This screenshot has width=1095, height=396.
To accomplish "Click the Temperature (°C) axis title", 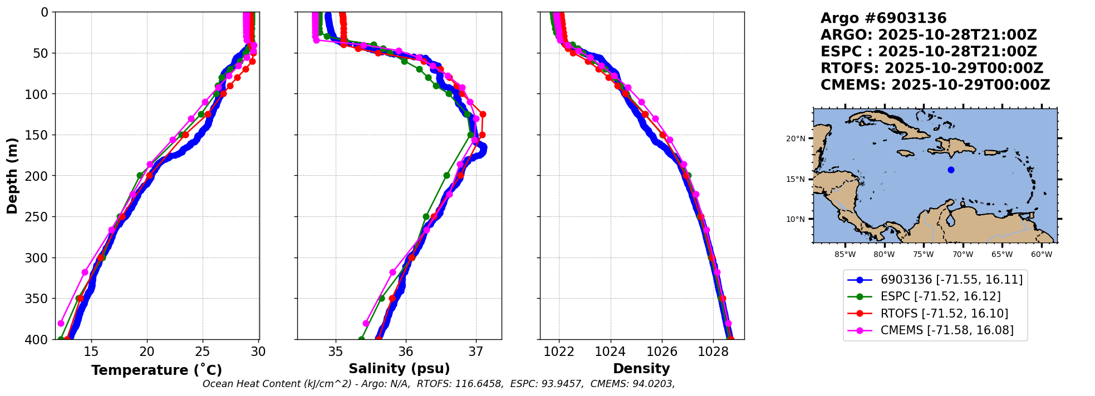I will tap(156, 370).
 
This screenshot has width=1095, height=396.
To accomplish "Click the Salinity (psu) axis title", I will tap(399, 369).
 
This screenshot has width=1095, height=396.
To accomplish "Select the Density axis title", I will tap(641, 369).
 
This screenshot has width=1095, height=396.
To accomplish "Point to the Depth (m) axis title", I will tap(12, 175).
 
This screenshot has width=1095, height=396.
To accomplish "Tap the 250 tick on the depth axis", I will tap(39, 217).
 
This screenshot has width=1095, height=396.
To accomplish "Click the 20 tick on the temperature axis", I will tap(147, 352).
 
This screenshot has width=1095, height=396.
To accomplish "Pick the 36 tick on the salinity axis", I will tap(406, 352).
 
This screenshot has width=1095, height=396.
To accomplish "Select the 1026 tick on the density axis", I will tap(662, 352).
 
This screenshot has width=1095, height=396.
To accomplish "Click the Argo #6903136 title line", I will tap(883, 18).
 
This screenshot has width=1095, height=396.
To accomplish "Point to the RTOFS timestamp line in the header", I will tap(931, 68).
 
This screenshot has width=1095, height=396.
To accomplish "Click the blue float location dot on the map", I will tap(951, 170).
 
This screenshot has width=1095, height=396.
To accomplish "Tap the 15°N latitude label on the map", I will tap(796, 179).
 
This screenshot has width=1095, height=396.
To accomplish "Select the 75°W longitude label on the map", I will tap(923, 255).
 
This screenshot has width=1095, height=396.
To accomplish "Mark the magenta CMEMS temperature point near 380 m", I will tap(61, 323).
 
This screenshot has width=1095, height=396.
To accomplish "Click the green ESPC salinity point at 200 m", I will tap(446, 175).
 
